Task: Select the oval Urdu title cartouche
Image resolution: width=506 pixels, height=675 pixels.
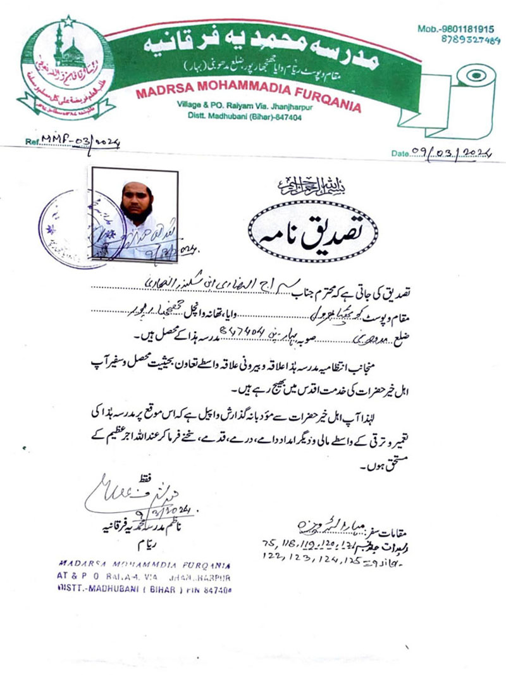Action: tap(313, 232)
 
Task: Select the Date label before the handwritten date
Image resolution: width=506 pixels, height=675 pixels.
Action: tap(401, 153)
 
